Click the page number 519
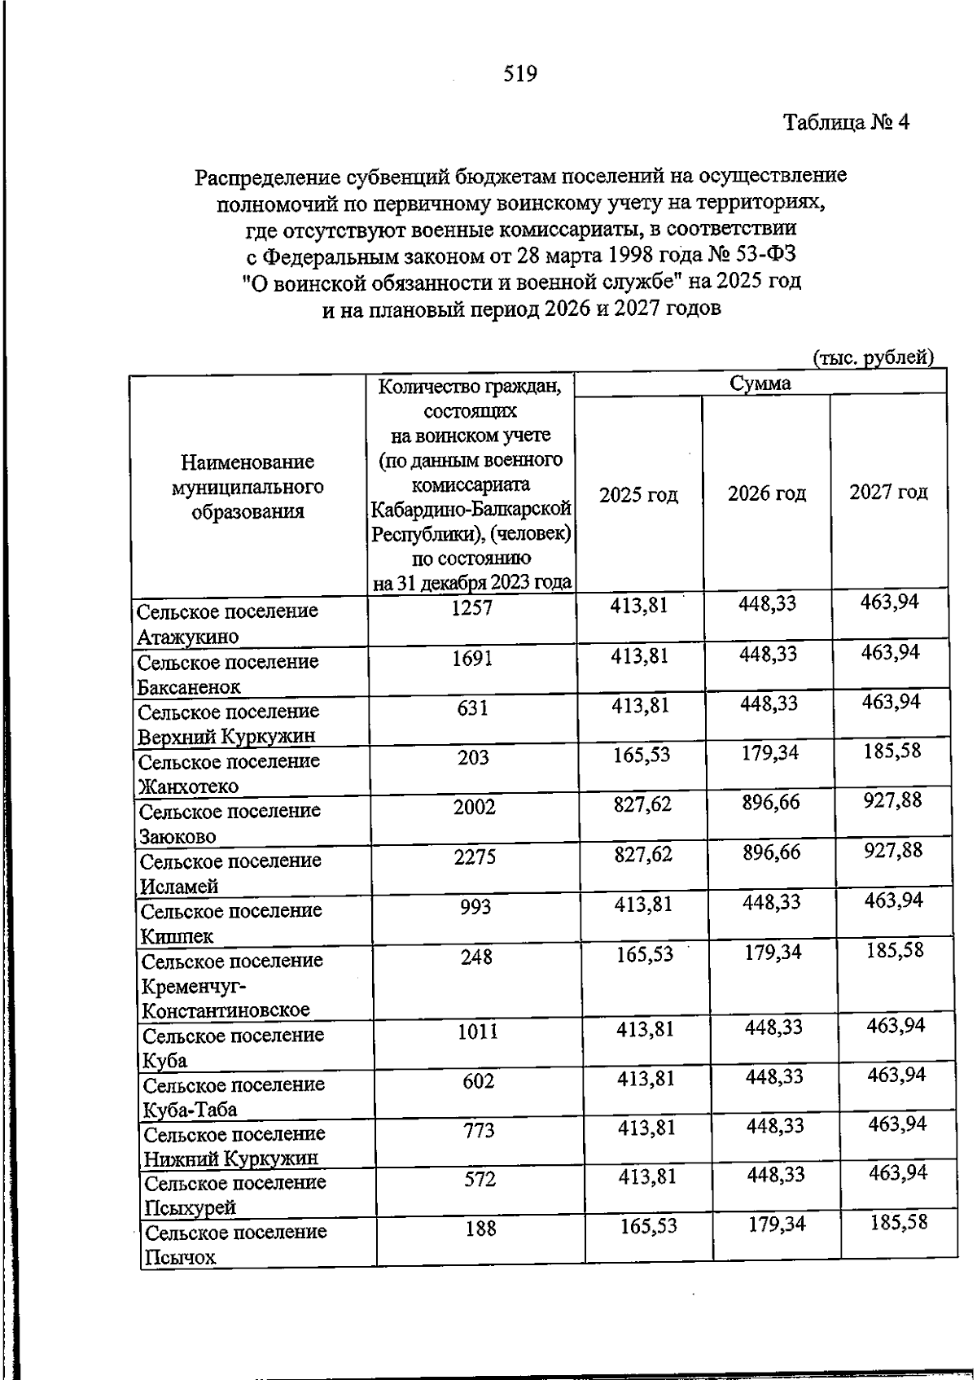tap(520, 74)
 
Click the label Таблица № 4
tap(846, 123)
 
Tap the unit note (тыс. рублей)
tap(873, 357)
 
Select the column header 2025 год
tap(638, 495)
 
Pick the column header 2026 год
tap(766, 493)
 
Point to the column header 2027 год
tap(888, 492)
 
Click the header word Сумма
tap(760, 383)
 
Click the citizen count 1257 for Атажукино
tap(472, 607)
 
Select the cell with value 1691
tap(472, 658)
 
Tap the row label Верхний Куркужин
tap(226, 737)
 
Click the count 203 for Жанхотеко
tap(473, 758)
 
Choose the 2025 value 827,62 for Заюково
tap(642, 805)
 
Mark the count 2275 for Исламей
tap(475, 856)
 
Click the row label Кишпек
tap(177, 936)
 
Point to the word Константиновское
tap(226, 1010)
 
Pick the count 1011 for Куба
tap(477, 1032)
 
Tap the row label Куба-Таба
tap(191, 1110)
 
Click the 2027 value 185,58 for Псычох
tap(898, 1222)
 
